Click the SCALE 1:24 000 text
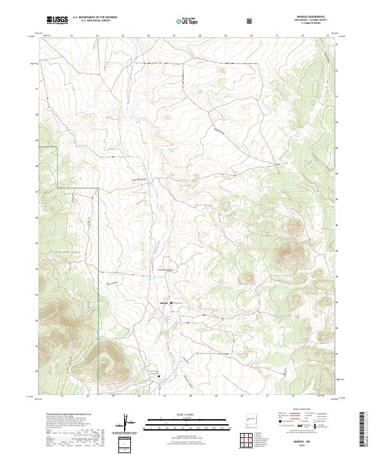click(x=179, y=414)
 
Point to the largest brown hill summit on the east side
click(x=290, y=254)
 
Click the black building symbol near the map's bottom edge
click(x=159, y=377)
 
